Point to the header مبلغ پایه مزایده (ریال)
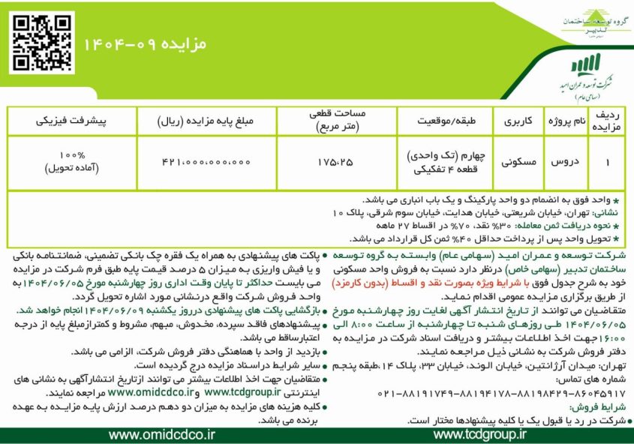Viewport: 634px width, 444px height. pyautogui.click(x=206, y=121)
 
